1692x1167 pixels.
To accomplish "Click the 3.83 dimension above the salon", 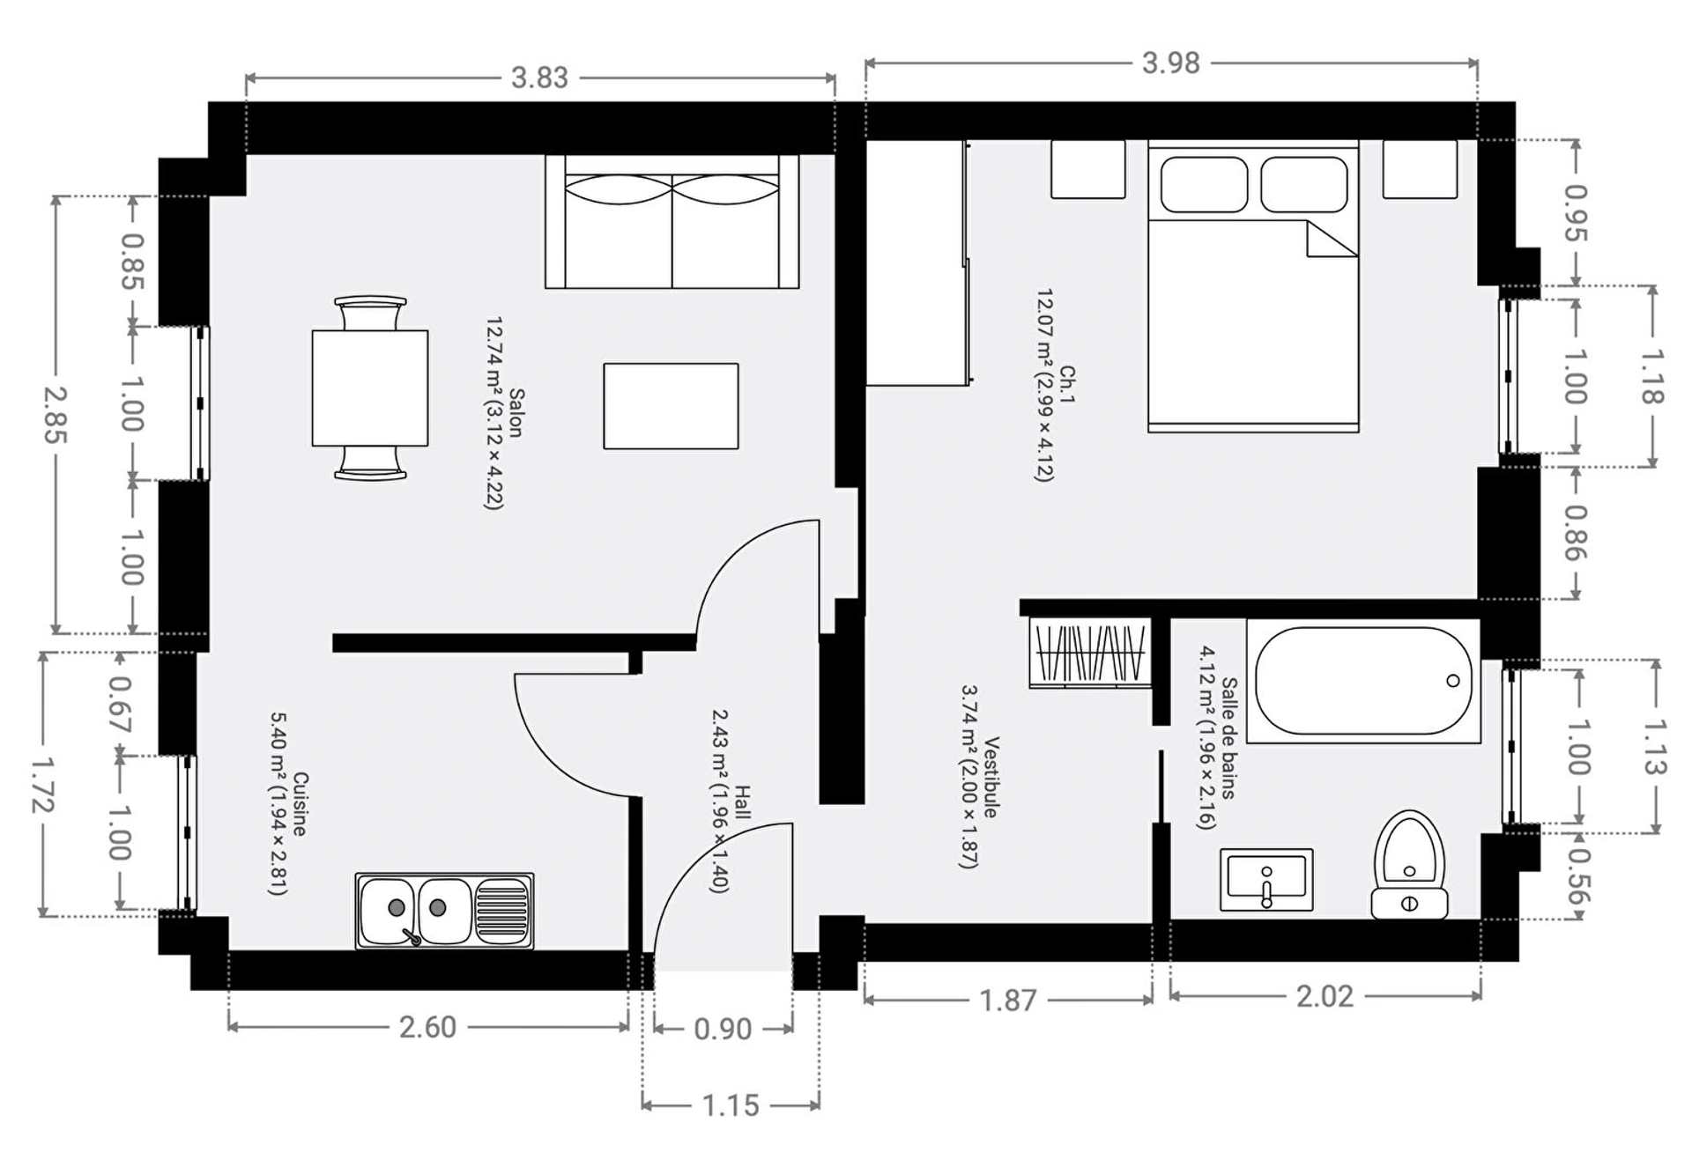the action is click(539, 78).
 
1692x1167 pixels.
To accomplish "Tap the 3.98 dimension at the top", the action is click(1170, 63).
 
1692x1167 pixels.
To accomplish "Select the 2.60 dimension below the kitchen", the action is click(427, 1027).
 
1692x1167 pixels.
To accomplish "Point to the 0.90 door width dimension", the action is click(723, 1029).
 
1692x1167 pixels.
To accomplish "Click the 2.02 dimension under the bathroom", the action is click(1325, 996).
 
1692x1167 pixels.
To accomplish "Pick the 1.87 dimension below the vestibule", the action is click(1008, 1001).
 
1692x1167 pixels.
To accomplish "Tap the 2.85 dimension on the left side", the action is click(55, 414).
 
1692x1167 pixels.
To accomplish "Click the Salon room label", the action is click(516, 413).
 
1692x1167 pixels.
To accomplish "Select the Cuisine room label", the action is click(300, 804).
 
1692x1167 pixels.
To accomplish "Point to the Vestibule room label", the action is click(991, 777).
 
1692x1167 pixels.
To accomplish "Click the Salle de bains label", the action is click(1228, 738).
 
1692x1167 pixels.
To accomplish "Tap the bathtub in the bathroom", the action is click(1363, 681).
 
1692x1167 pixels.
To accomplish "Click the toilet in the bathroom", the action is click(1409, 865).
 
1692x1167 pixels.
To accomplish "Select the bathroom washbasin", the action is click(1266, 880).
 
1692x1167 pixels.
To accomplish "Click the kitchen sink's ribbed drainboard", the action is click(502, 911).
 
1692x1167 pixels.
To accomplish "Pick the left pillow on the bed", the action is click(1204, 185).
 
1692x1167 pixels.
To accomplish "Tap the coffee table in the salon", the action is click(671, 406).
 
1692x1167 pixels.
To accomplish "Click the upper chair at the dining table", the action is click(370, 314).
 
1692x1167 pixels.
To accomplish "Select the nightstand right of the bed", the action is click(1419, 168).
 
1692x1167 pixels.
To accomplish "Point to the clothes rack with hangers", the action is click(1090, 653).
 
